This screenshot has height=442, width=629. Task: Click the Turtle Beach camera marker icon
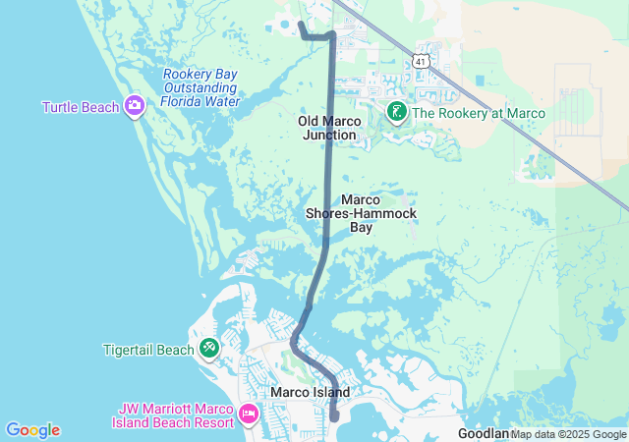pyautogui.click(x=135, y=106)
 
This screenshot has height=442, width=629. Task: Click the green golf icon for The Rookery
pyautogui.click(x=396, y=112)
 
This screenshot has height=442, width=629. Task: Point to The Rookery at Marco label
pyautogui.click(x=478, y=113)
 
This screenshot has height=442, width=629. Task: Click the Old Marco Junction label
pyautogui.click(x=329, y=128)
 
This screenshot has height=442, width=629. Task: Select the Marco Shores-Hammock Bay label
pyautogui.click(x=362, y=213)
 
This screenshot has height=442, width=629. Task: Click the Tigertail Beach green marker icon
pyautogui.click(x=209, y=348)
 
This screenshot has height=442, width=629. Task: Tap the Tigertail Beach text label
pyautogui.click(x=148, y=350)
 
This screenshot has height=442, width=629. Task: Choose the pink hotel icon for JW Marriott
pyautogui.click(x=248, y=414)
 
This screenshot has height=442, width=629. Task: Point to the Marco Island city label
pyautogui.click(x=310, y=392)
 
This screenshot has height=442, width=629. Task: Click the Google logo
pyautogui.click(x=32, y=430)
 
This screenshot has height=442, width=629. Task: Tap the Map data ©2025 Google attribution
pyautogui.click(x=568, y=434)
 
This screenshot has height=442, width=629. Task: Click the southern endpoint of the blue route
pyautogui.click(x=334, y=416)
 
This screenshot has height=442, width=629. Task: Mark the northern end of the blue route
pyautogui.click(x=300, y=22)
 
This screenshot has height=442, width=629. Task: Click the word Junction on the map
pyautogui.click(x=329, y=135)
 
